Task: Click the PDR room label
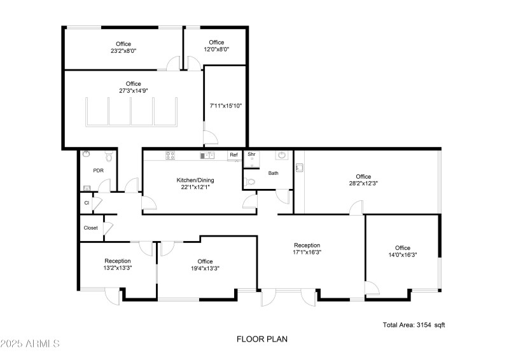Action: pyautogui.click(x=98, y=170)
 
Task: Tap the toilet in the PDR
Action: pyautogui.click(x=109, y=156)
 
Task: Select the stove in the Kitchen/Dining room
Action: pyautogui.click(x=171, y=155)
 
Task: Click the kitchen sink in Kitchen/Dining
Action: pyautogui.click(x=206, y=155)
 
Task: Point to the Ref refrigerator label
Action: pyautogui.click(x=234, y=155)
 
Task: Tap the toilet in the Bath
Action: pyautogui.click(x=251, y=181)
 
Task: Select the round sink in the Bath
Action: pyautogui.click(x=281, y=155)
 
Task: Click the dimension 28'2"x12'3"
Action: pyautogui.click(x=363, y=183)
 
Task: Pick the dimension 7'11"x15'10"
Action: pyautogui.click(x=226, y=106)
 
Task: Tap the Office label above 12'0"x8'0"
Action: pyautogui.click(x=216, y=42)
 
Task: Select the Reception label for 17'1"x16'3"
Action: pyautogui.click(x=307, y=245)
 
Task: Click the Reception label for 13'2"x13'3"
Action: pyautogui.click(x=118, y=261)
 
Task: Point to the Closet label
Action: pyautogui.click(x=90, y=228)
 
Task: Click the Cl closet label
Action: pyautogui.click(x=87, y=203)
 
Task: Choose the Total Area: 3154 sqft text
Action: pyautogui.click(x=414, y=324)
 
